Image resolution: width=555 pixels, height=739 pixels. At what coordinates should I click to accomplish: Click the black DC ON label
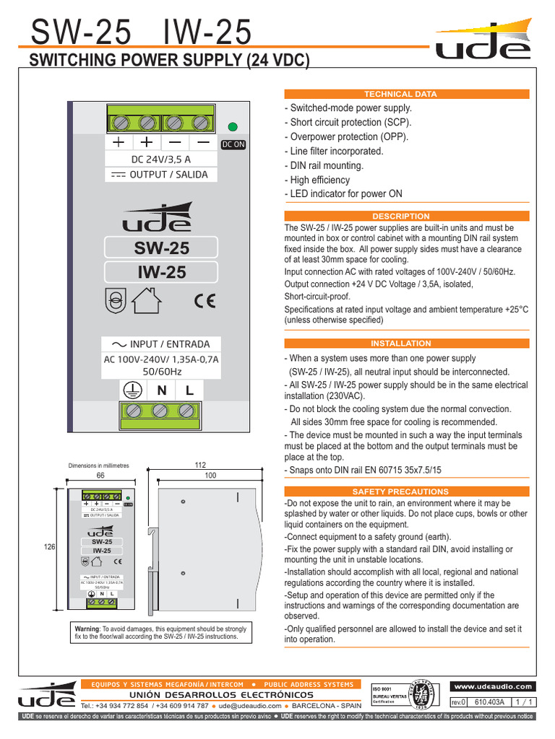click(233, 144)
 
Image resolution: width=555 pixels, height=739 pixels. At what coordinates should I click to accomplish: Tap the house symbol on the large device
click(148, 299)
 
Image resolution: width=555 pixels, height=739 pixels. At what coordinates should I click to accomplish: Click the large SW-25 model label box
click(162, 248)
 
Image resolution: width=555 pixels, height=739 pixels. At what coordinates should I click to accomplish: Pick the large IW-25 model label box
click(162, 272)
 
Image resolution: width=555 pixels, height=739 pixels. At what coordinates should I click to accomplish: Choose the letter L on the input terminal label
click(189, 390)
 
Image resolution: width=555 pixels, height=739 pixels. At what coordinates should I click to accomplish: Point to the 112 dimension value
click(201, 466)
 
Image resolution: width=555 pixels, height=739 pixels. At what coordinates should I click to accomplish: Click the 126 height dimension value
click(50, 548)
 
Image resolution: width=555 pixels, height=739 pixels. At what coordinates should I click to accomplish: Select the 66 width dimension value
click(100, 476)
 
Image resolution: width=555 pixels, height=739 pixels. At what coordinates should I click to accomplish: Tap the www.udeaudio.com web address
click(494, 686)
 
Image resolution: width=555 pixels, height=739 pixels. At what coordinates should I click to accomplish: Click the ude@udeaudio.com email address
click(251, 706)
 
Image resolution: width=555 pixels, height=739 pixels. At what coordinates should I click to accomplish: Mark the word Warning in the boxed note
click(87, 629)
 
